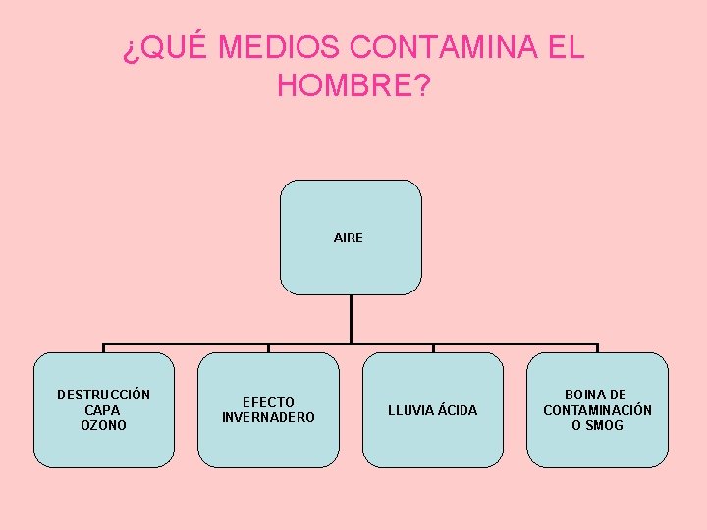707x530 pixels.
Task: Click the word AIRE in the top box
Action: tap(349, 238)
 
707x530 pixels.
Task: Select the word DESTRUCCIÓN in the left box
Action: tap(103, 395)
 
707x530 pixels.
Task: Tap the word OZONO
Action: tap(103, 425)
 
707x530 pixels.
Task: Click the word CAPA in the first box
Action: tap(103, 410)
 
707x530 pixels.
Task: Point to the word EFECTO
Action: tap(268, 402)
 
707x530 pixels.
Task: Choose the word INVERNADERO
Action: tap(268, 417)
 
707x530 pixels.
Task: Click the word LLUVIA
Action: tap(409, 410)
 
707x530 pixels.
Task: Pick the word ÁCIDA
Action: tap(456, 410)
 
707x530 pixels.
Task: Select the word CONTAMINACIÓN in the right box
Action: tap(597, 410)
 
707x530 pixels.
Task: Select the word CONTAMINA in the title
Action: tap(443, 47)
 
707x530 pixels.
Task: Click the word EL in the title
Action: tap(566, 47)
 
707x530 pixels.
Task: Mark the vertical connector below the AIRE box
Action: tap(351, 319)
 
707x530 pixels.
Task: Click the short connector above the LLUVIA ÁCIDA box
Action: tap(433, 348)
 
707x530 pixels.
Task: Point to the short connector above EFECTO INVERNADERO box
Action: tap(268, 348)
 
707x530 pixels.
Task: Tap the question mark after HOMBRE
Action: tap(421, 86)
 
